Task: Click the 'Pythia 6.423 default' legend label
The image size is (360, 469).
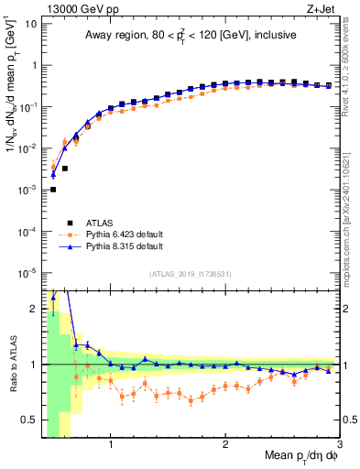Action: click(x=125, y=234)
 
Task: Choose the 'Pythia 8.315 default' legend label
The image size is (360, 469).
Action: click(x=125, y=247)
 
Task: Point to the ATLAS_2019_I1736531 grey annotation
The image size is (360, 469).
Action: click(x=191, y=275)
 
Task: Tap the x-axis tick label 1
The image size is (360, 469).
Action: click(x=111, y=446)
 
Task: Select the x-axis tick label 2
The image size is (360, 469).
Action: click(x=225, y=446)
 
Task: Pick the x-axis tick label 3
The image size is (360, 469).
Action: click(x=339, y=446)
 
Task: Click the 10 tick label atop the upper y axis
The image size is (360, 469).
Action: click(x=30, y=23)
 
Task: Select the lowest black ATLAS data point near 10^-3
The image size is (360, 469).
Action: click(x=53, y=189)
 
